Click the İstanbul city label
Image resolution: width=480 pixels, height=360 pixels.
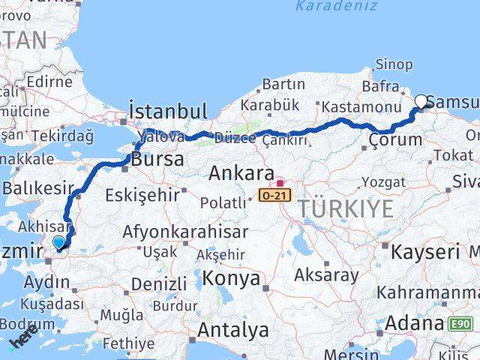click(168, 112)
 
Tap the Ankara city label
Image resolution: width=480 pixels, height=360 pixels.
click(241, 174)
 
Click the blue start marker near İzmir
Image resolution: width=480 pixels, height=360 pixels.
click(59, 241)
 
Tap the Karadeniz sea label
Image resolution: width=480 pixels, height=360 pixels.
click(327, 7)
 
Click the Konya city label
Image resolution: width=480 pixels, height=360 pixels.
click(231, 279)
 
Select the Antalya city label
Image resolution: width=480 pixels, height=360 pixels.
click(233, 330)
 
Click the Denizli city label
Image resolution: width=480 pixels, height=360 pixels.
click(159, 284)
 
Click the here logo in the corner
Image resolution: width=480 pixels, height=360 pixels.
click(24, 343)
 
